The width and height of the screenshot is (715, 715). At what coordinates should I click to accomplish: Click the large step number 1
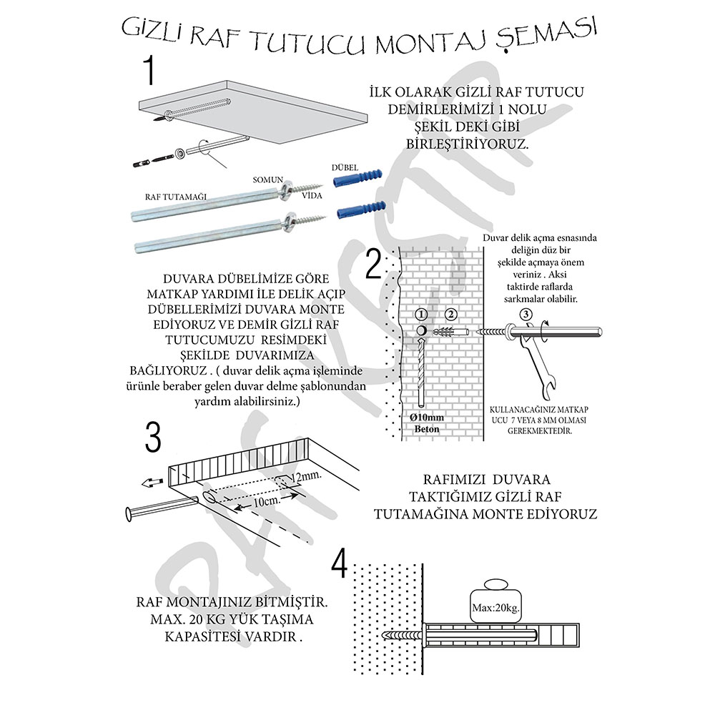coord(149,71)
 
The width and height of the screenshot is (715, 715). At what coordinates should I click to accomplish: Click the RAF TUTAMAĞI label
coord(166,195)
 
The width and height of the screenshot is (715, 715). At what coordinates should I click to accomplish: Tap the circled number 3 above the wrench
coord(525,313)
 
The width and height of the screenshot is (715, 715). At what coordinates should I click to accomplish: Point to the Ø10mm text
coord(427,417)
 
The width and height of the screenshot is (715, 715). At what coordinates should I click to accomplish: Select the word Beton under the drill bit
coord(427,430)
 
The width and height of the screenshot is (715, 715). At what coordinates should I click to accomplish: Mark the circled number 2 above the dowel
coord(450,314)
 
